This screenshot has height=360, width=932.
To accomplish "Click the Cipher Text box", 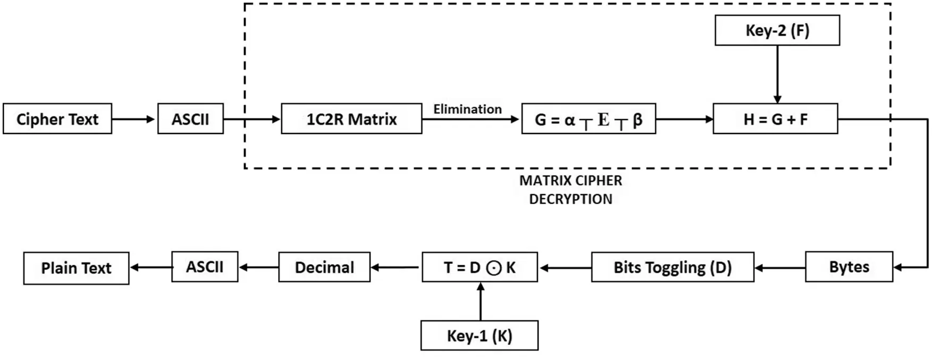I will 57,119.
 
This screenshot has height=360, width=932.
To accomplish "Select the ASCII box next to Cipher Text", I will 190,119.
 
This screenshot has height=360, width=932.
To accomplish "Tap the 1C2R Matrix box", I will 351,119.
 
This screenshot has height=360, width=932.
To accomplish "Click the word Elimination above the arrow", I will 467,109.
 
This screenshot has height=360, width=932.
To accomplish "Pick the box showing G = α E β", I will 588,119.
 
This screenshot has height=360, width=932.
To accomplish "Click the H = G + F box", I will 775,119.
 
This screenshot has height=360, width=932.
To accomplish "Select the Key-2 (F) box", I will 777,30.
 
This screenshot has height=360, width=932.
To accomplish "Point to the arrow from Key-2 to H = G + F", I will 777,74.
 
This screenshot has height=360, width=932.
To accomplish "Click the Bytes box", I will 849,267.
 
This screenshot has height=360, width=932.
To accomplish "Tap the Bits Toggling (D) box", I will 672,267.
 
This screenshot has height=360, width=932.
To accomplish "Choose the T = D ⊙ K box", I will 480,267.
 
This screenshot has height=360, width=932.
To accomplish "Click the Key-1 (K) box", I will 479,336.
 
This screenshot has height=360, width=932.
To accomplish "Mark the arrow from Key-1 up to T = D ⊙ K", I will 481,302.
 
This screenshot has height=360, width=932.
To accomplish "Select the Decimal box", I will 324,267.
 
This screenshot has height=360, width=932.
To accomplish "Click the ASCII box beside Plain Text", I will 205,267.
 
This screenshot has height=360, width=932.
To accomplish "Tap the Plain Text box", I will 76,268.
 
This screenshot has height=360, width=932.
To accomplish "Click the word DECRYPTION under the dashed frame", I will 570,199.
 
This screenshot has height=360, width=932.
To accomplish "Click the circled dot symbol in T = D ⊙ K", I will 494,268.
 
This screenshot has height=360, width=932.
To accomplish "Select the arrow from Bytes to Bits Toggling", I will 779,267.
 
